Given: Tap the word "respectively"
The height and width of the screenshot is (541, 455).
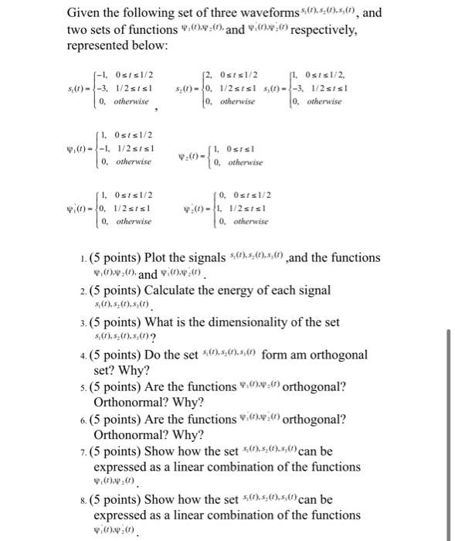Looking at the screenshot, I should click(x=311, y=31).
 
